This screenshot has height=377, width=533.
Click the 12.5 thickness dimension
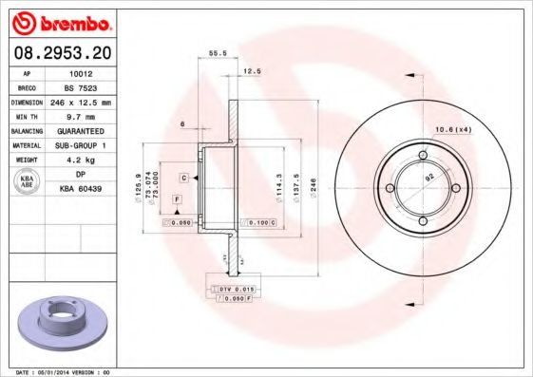[x=252, y=71]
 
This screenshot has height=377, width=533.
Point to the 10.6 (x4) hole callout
[x=453, y=129]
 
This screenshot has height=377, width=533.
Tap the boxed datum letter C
[x=183, y=178]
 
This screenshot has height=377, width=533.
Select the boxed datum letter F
[x=177, y=198]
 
